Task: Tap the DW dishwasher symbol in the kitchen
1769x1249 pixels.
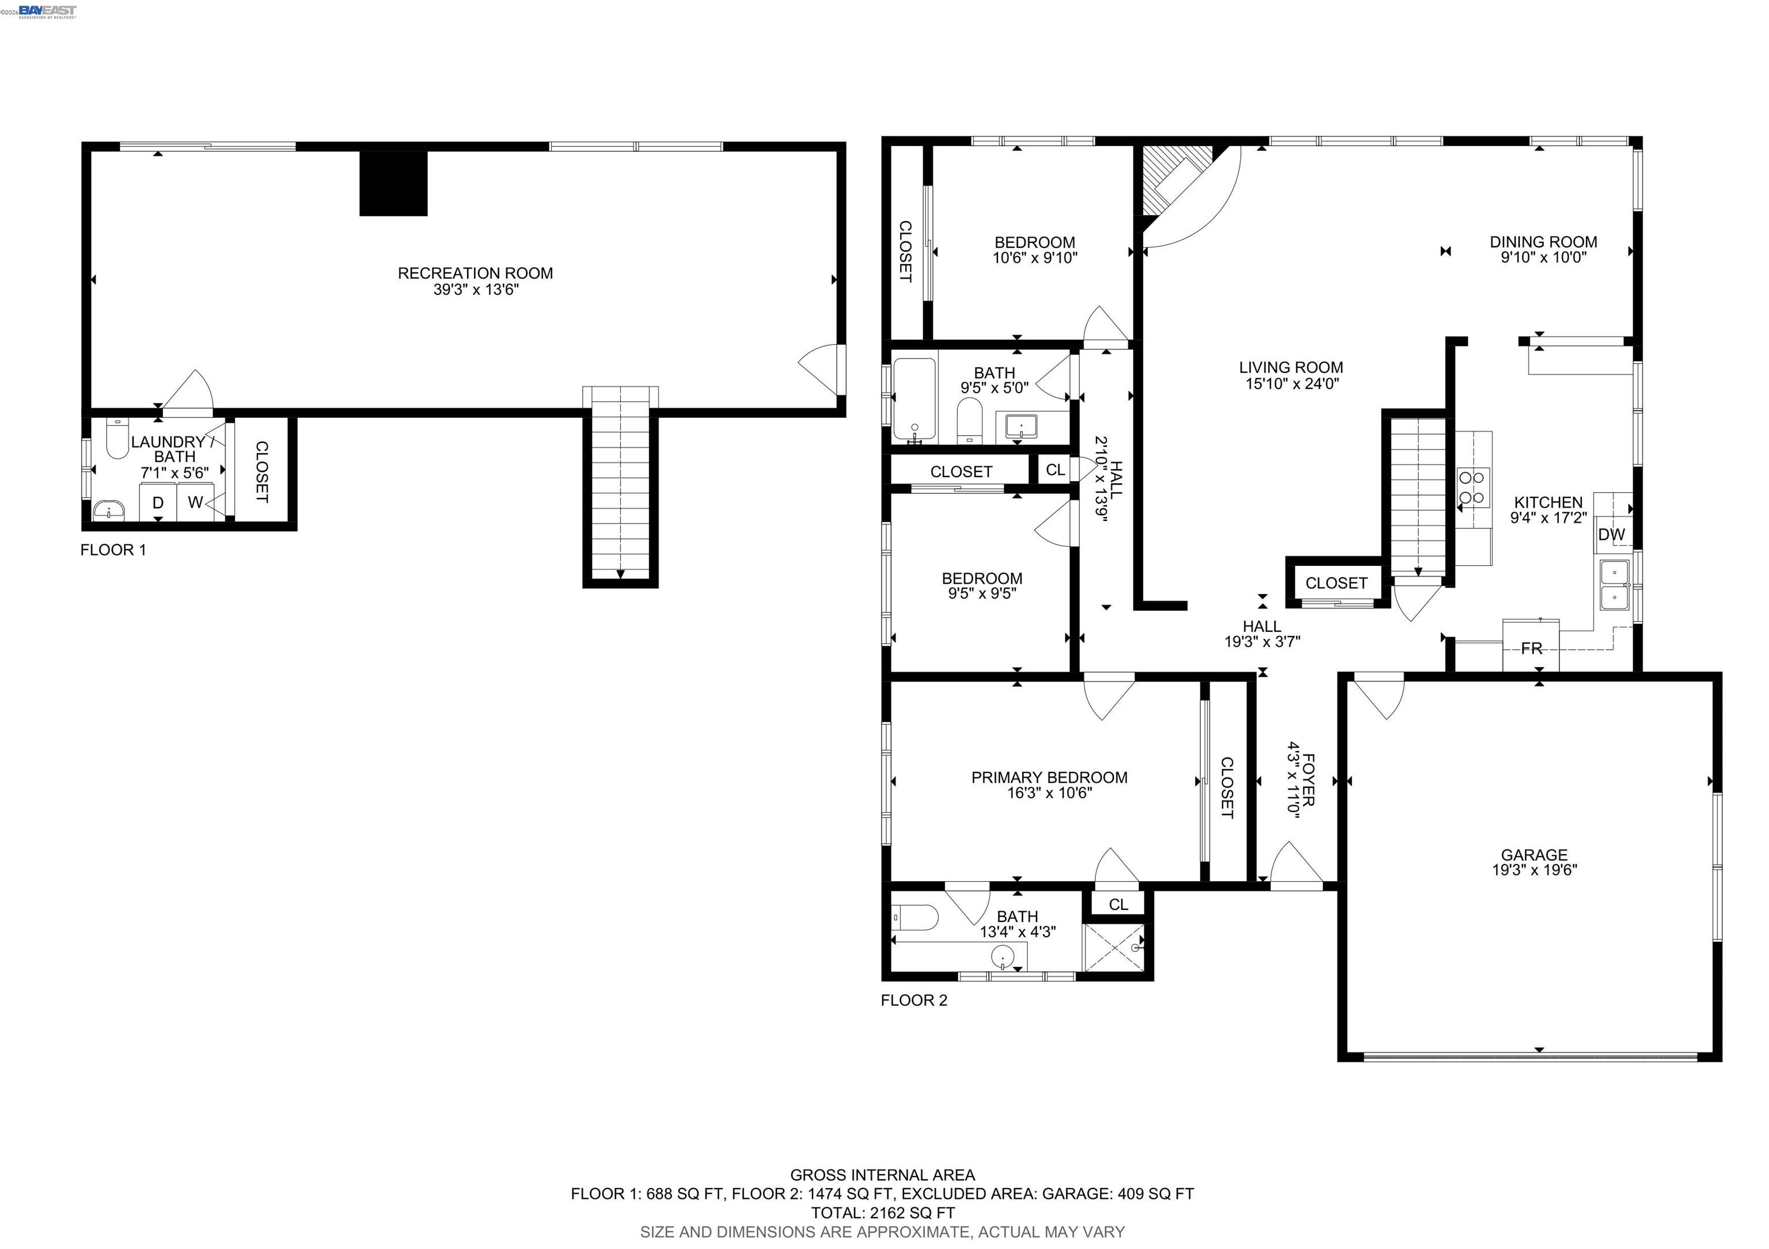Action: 1611,534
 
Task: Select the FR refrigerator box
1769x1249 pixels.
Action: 1531,648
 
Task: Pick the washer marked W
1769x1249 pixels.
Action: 195,502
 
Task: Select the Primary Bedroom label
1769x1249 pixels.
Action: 1049,778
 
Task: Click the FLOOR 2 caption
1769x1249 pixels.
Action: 914,1000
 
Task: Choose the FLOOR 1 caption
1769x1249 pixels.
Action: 113,550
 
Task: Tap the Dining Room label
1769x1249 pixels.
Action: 1543,242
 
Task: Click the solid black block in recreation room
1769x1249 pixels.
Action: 393,183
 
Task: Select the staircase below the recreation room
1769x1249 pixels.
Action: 620,485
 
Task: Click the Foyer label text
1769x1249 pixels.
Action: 1308,779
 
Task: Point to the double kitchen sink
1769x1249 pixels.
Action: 1614,585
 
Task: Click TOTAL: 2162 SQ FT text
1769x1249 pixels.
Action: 883,1213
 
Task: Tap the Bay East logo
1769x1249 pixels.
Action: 47,10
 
